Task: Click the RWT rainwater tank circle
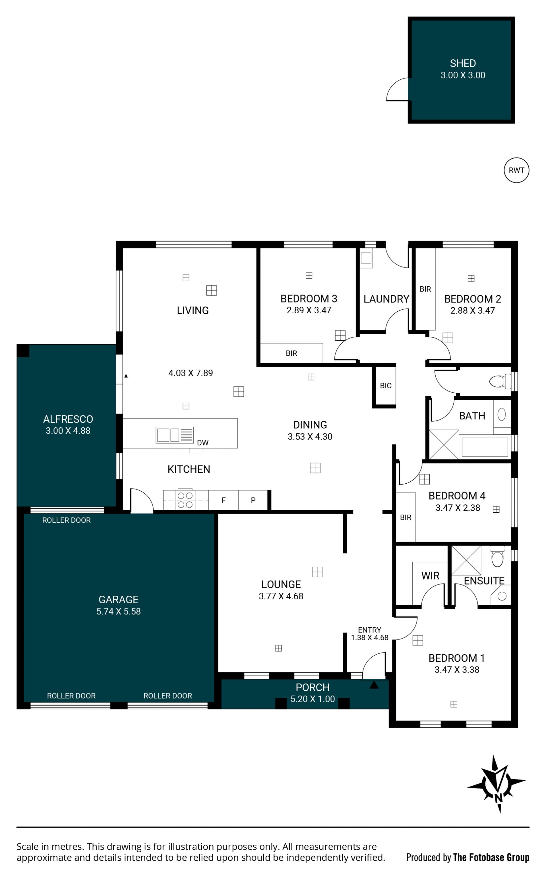click(516, 170)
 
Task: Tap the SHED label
click(463, 63)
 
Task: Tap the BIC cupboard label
click(386, 386)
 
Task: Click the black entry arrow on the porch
click(374, 684)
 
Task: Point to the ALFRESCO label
click(68, 419)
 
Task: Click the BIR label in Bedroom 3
click(291, 353)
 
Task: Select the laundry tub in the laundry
click(366, 258)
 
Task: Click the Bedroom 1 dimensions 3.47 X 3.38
click(457, 670)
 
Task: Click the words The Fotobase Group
click(491, 857)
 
